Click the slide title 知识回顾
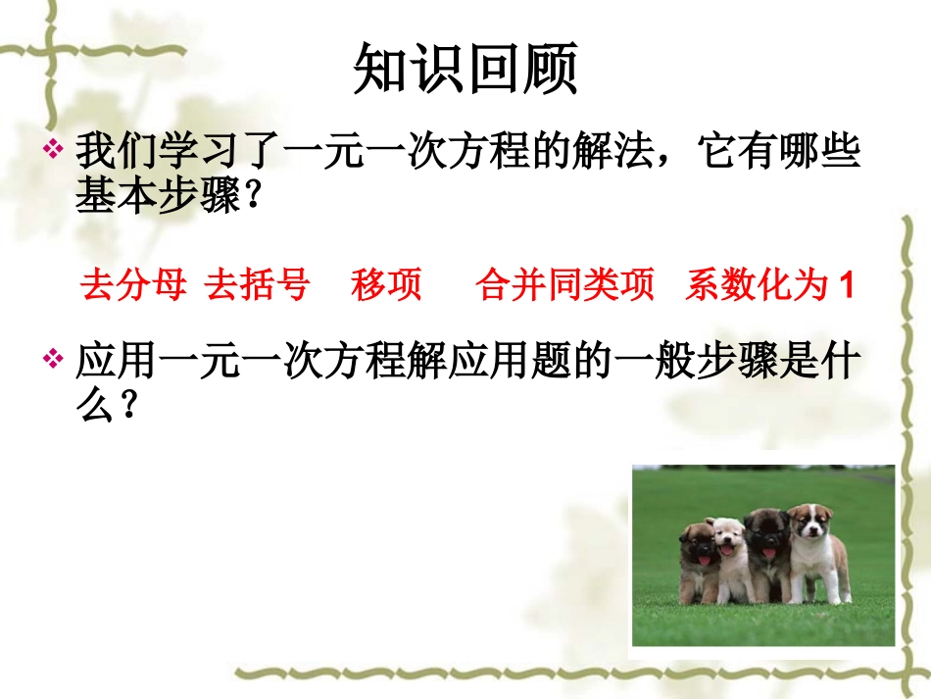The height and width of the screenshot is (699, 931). (x=465, y=70)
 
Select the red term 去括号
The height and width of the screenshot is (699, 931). (x=257, y=285)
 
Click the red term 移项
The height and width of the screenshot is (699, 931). (x=386, y=285)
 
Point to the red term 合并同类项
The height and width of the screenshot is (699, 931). (x=565, y=285)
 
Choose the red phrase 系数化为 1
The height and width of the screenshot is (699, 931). (x=770, y=285)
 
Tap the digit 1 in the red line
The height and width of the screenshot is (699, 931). (x=848, y=286)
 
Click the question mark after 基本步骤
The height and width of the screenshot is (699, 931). (x=252, y=199)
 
